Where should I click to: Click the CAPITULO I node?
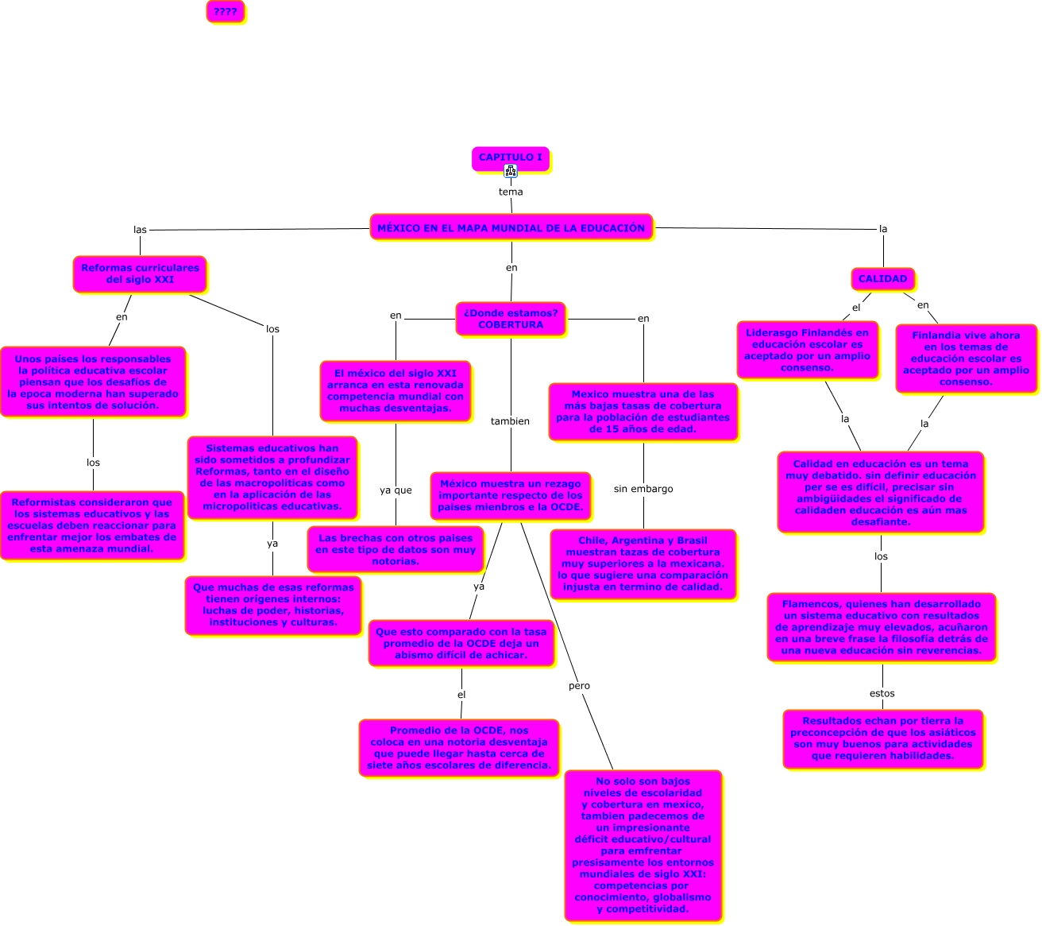(510, 157)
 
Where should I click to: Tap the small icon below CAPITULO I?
(511, 171)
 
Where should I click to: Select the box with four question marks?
(226, 11)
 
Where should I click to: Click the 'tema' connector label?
(511, 192)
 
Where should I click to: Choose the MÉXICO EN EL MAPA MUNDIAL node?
(511, 227)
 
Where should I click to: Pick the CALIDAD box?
(882, 279)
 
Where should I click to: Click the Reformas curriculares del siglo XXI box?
(140, 274)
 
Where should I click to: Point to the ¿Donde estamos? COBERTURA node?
(510, 319)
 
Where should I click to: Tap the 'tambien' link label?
(510, 421)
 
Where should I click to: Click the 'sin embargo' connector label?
(643, 489)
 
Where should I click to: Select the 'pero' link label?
(579, 686)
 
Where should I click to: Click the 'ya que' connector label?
(396, 490)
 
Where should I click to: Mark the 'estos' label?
(882, 694)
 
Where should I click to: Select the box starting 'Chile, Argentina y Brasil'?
(643, 564)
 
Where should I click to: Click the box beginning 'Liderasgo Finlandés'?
(807, 351)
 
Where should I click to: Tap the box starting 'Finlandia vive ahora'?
(966, 358)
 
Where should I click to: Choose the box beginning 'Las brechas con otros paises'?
(396, 549)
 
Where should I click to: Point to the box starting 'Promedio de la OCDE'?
(459, 748)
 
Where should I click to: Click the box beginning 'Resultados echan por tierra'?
(883, 738)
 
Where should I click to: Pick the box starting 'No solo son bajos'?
(643, 845)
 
